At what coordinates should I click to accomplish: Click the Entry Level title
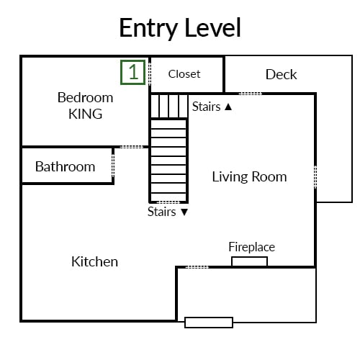(x=180, y=28)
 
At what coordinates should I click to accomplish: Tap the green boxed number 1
(x=133, y=72)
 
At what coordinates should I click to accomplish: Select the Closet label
(x=184, y=74)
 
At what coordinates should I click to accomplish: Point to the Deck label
(x=281, y=74)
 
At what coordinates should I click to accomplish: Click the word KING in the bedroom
(x=86, y=114)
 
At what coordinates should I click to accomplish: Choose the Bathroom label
(x=65, y=166)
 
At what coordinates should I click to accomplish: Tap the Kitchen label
(x=94, y=261)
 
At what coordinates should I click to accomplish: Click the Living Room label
(x=249, y=177)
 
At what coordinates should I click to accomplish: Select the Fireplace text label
(x=252, y=247)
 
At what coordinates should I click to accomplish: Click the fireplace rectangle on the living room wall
(x=250, y=261)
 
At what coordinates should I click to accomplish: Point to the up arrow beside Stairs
(x=228, y=107)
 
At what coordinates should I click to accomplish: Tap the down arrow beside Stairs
(x=184, y=212)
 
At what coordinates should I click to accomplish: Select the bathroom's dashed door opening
(x=113, y=166)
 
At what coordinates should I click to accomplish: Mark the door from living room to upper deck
(x=251, y=94)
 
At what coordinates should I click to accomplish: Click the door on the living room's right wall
(x=315, y=177)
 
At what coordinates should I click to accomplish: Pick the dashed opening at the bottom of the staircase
(x=168, y=202)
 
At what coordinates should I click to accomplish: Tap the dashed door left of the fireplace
(x=197, y=267)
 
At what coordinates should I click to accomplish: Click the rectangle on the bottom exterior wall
(x=209, y=323)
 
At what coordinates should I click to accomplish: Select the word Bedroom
(x=86, y=98)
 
